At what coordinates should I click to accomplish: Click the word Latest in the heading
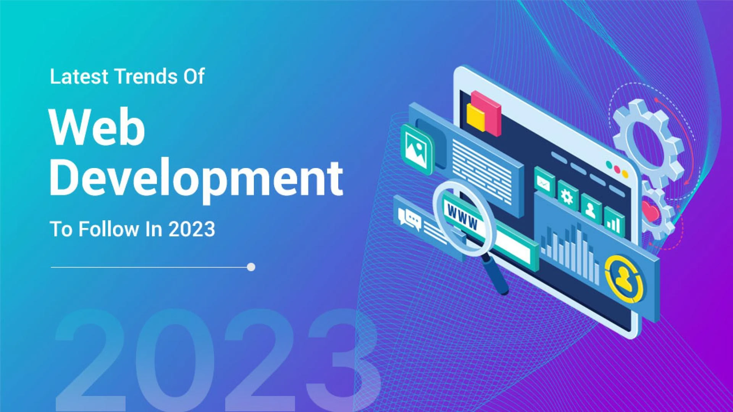[79, 76]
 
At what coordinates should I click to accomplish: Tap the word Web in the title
[97, 127]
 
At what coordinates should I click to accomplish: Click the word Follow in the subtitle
[108, 229]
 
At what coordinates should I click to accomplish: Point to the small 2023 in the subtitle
[192, 229]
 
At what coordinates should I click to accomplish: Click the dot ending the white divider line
[251, 267]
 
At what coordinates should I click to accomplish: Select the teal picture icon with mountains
[417, 149]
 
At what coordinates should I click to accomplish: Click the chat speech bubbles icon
[409, 219]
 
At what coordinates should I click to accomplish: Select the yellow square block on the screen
[476, 117]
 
